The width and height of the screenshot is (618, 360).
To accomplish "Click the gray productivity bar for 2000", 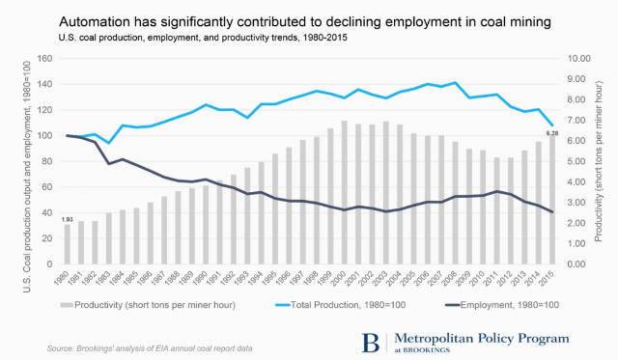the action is coord(345,192).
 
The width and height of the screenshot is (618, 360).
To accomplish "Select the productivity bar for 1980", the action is coord(68,244).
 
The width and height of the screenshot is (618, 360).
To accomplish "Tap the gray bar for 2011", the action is coord(497,210).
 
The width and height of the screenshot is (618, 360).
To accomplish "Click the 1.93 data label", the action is coord(68,219).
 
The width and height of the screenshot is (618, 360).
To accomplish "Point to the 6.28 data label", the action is coord(551,133).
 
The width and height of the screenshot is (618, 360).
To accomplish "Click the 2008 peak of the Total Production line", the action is coord(455,83).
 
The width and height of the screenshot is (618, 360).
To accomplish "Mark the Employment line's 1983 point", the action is coord(109,163).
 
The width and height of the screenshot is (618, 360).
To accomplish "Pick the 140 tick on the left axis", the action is coord(44,84).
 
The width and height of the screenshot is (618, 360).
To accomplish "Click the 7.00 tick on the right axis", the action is coord(579,120).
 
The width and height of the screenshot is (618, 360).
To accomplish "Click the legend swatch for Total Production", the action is coord(283,305).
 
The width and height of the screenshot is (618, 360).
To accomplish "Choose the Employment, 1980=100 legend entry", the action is coord(502,305).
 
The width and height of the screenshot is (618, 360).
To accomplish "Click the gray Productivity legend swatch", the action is coord(67,305).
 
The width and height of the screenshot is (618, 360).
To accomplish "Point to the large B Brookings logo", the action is coord(371,343).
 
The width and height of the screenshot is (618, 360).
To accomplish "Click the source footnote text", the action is coord(150,348).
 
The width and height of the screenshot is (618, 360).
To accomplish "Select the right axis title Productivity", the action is coord(599,161).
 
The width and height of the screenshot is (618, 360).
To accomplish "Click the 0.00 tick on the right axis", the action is coord(579,263).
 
